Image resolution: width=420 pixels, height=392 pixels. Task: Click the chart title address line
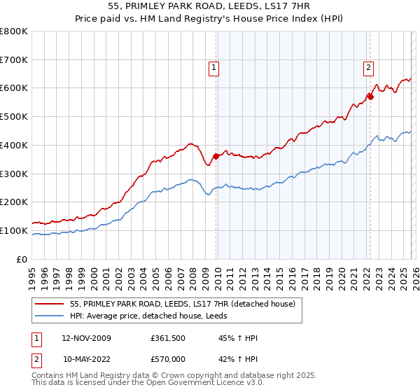coord(210,6)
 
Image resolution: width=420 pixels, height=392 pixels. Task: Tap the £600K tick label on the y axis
coord(14,88)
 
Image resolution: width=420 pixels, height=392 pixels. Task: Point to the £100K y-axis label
coord(14,230)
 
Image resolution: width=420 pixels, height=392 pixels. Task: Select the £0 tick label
coord(22,259)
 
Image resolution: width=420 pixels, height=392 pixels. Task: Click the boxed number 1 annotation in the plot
coord(213,68)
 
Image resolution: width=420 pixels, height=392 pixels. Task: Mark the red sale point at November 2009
coord(216,156)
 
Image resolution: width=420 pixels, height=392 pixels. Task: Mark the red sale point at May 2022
coord(370,97)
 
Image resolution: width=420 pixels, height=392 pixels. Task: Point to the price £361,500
coord(167,338)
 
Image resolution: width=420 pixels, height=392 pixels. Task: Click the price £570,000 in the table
coord(167,358)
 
